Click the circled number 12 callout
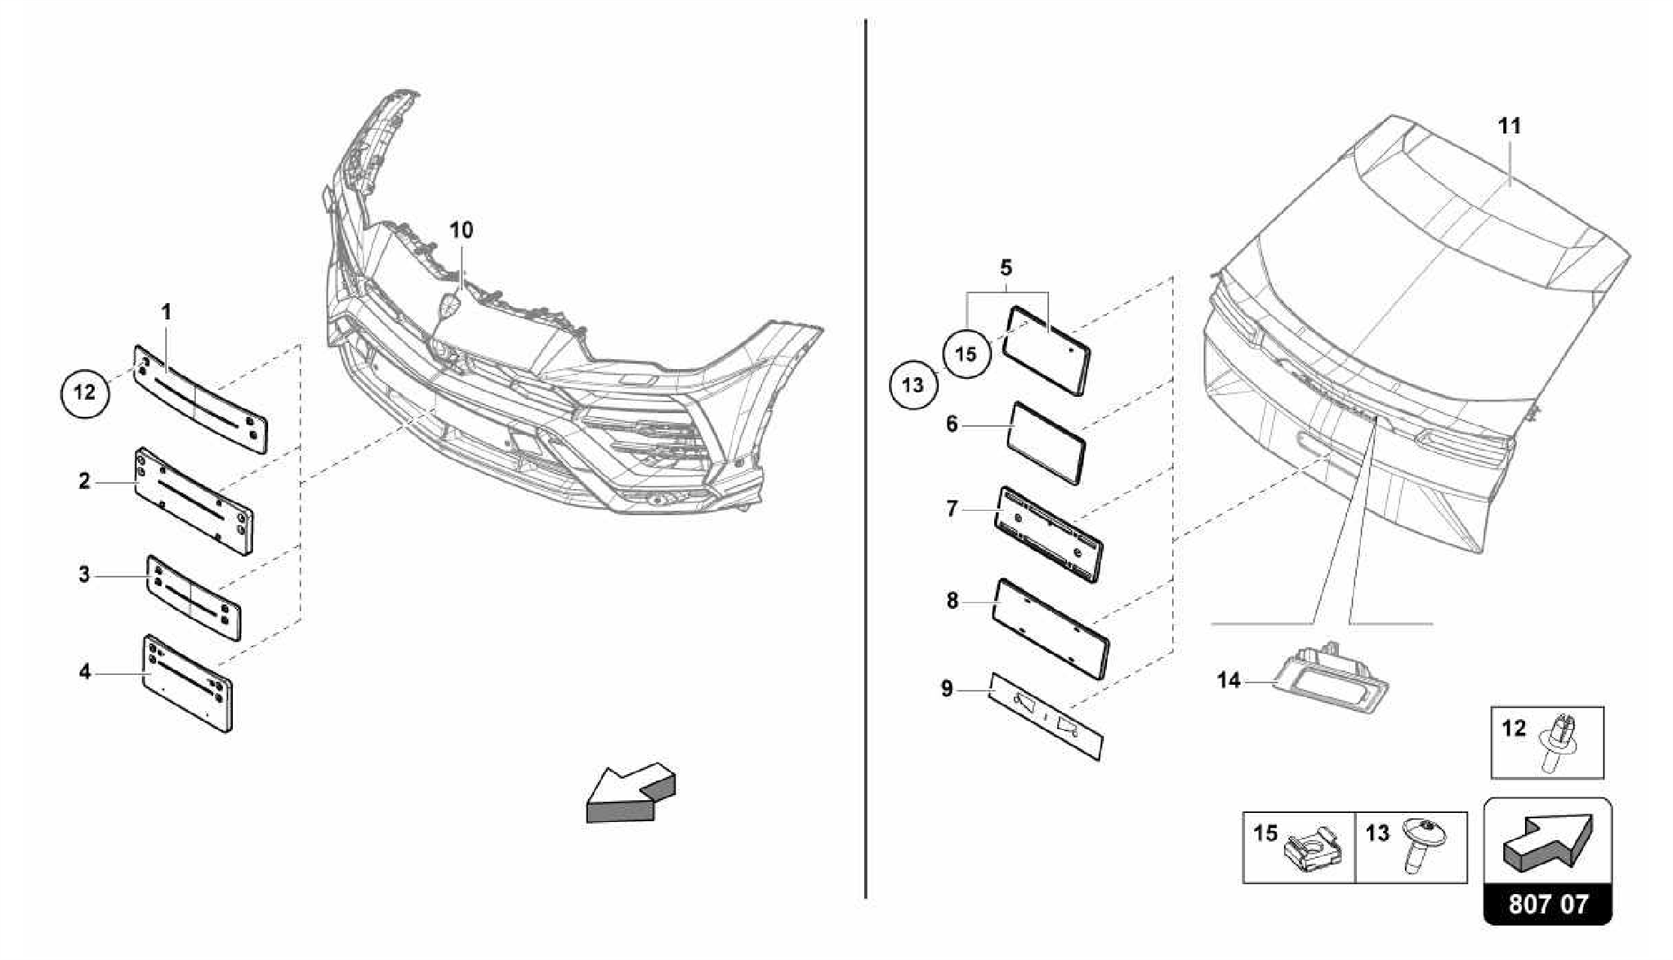click(85, 393)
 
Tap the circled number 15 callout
click(966, 354)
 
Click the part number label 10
click(462, 230)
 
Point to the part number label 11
click(1510, 127)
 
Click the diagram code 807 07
click(1548, 904)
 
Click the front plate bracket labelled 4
click(189, 684)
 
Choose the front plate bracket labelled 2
click(194, 501)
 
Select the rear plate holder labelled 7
click(1049, 535)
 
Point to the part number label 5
click(1006, 268)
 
